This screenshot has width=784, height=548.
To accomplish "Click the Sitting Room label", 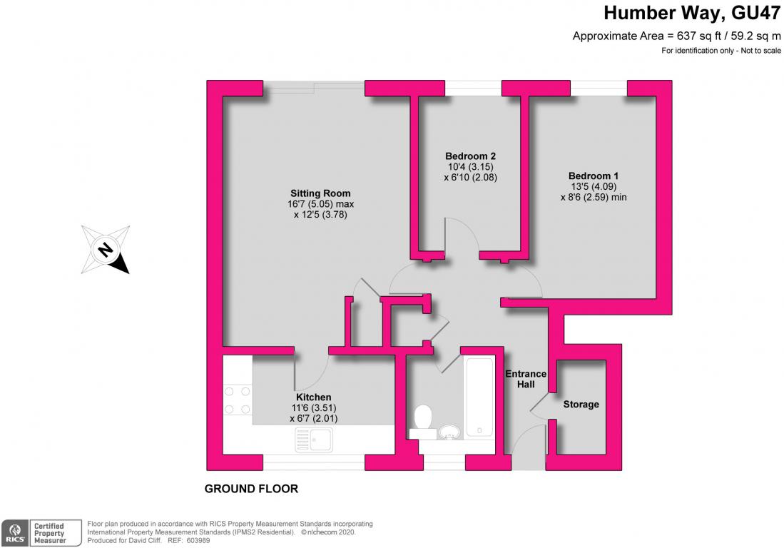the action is pos(320,193).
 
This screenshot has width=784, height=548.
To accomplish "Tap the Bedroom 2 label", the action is pos(471,156).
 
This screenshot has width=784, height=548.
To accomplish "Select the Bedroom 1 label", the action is pos(594,176).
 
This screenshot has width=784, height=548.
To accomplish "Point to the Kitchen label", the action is pos(313,397).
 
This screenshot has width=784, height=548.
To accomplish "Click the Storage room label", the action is pos(581,404).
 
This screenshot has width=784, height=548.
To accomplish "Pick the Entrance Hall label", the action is pos(526,379).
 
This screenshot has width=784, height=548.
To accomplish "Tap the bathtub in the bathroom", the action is pos(480,397).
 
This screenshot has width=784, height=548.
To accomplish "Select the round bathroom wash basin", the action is pos(451,432).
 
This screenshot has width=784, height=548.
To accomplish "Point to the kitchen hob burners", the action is pos(237,400).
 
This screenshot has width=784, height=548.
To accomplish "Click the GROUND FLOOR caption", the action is pos(252,489).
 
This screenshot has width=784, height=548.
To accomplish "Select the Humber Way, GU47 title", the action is pos(691,13).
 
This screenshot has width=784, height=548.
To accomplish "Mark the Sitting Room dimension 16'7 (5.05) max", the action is pos(320,204).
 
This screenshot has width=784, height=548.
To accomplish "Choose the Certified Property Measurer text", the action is pos(49,533).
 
